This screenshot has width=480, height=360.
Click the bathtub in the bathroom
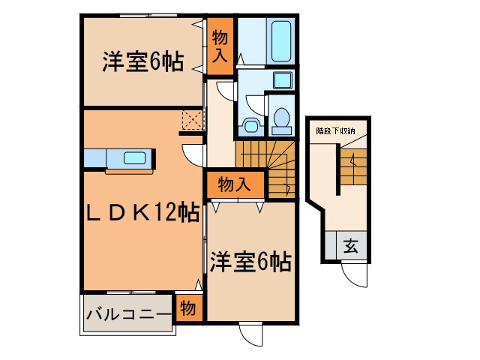pos(282,41)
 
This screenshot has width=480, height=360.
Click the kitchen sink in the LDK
pos(135,158)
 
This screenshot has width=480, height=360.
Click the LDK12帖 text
pos(142,214)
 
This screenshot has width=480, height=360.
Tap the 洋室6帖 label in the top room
pos(142,62)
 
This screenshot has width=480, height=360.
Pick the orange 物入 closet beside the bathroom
pos(220,45)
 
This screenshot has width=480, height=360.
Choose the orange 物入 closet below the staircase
pos(234,183)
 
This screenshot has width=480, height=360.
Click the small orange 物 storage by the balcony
pos(188,308)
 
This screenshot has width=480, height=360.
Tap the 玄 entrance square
pos(349,244)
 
